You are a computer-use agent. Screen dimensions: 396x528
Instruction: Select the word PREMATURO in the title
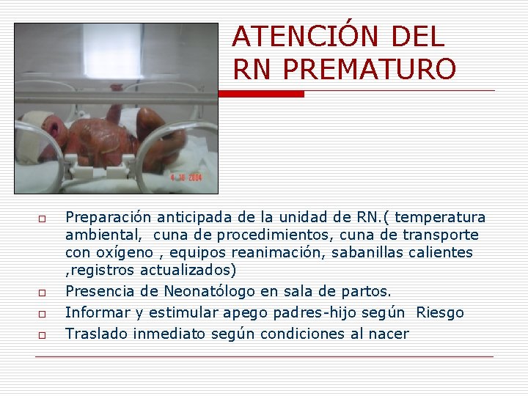[369, 69]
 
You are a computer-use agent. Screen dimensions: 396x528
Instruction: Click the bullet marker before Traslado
[43, 335]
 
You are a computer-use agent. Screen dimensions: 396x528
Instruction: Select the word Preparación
[109, 218]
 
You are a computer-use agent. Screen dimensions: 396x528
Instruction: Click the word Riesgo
[440, 312]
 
